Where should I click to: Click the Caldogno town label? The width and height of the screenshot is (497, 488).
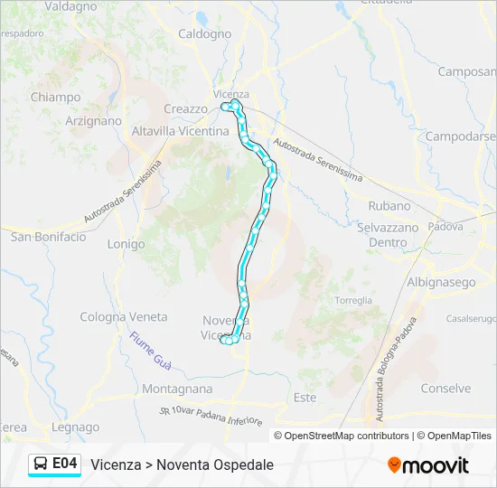coord(205,34)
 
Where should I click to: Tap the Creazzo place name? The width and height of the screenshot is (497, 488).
coord(185,108)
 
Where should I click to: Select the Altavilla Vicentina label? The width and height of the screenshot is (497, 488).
coord(181,131)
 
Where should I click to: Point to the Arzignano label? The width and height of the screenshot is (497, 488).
coord(93,120)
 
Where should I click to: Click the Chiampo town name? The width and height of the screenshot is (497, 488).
coord(55,97)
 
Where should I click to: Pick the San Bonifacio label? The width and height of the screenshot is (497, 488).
coord(48,237)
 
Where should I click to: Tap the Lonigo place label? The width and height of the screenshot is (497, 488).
coord(126,244)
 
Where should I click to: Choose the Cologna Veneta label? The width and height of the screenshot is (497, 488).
coord(124,317)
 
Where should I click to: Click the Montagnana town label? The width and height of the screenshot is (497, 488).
coord(177,389)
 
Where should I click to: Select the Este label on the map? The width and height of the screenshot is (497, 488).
coord(305,398)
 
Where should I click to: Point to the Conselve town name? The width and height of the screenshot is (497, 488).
coord(445,389)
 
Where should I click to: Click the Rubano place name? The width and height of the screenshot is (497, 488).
coord(389,205)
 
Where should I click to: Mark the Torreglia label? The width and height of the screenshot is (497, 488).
coord(353,300)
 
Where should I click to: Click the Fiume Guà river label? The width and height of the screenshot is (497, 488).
coord(150,349)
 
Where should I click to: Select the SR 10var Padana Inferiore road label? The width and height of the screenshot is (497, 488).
coord(211,417)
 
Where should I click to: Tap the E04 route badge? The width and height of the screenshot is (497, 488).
coord(64,464)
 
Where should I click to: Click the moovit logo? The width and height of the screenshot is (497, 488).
coord(428,465)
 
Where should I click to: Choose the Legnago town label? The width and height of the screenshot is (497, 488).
coord(76,427)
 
